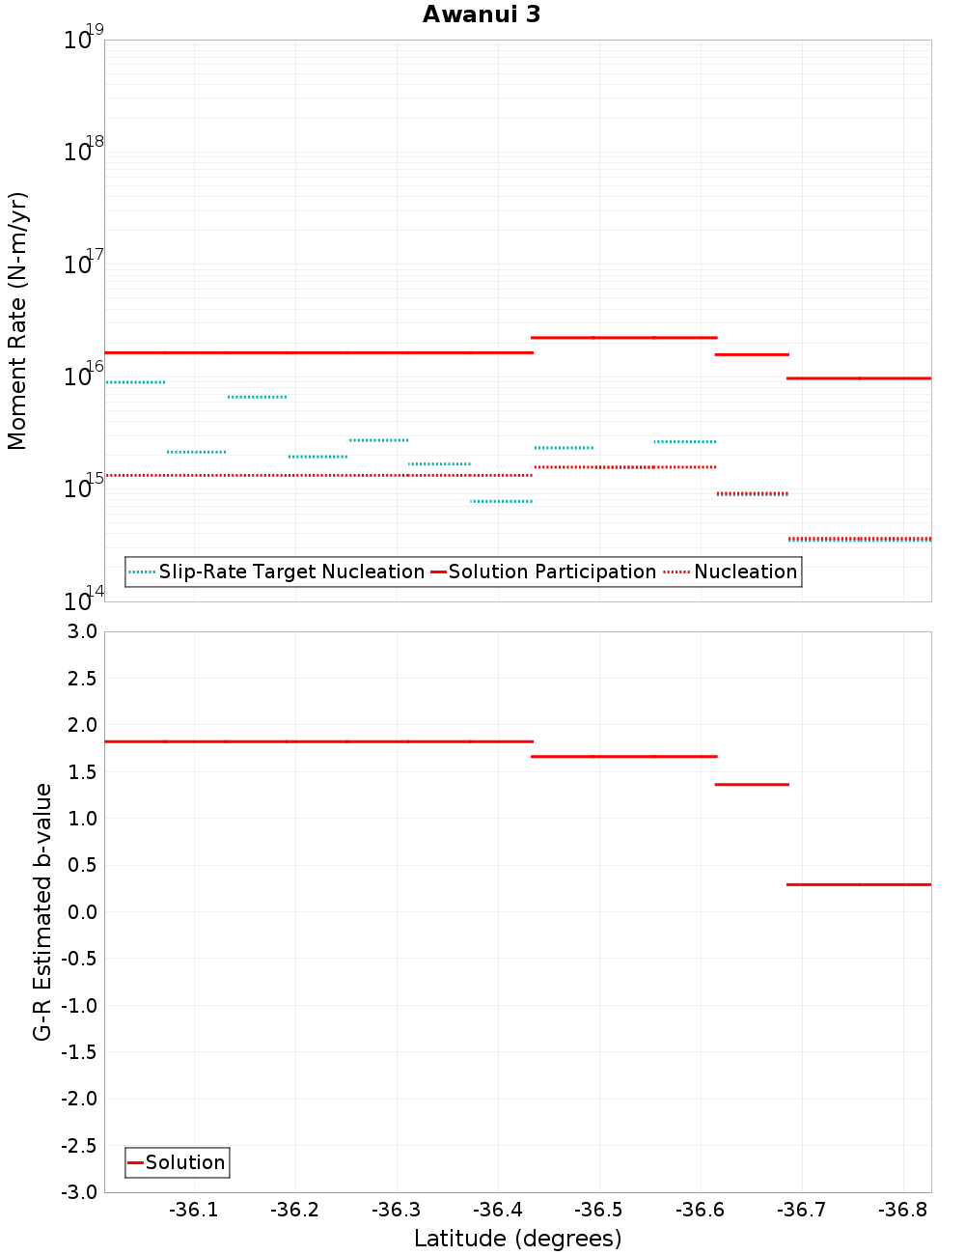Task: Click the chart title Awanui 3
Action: pos(482,14)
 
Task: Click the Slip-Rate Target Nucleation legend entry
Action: pos(277,572)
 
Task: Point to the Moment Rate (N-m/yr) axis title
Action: pos(17,321)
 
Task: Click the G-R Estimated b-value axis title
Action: pos(42,911)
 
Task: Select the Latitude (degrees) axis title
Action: pos(517,1239)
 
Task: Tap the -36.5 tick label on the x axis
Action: pos(598,1211)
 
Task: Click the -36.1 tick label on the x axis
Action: pos(193,1211)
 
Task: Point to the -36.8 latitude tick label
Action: pos(902,1211)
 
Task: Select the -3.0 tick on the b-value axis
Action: pos(79,1192)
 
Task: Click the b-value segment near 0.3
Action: pos(859,884)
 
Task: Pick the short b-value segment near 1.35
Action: pos(752,785)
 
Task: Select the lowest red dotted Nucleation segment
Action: pos(859,538)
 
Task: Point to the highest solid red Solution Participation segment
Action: pos(624,338)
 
